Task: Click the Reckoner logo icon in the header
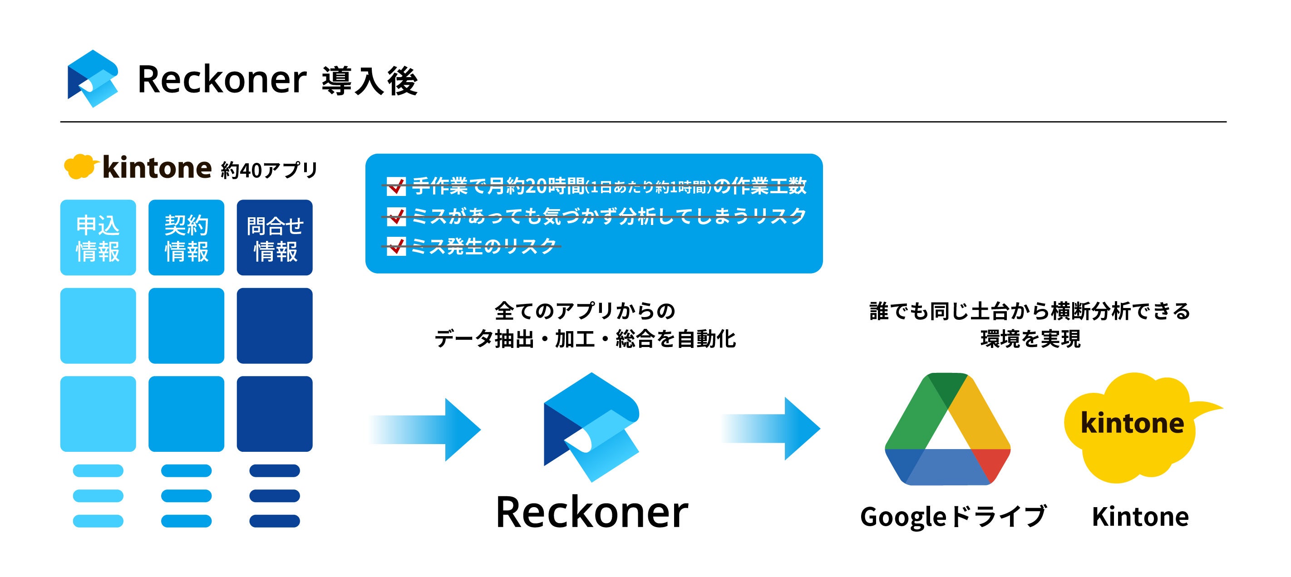[93, 78]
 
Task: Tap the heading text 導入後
[370, 81]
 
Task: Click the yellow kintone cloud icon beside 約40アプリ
[79, 166]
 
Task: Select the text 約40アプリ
[269, 170]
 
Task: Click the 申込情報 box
[98, 237]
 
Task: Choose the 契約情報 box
[187, 237]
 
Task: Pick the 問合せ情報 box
[275, 237]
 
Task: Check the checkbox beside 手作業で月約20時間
[396, 186]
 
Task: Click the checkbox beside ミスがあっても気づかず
[396, 216]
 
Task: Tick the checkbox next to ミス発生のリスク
[396, 246]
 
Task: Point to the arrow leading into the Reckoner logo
[426, 429]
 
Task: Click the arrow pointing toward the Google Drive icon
[772, 429]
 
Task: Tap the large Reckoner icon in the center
[591, 427]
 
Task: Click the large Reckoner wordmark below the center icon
[592, 512]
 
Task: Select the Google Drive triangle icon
[947, 429]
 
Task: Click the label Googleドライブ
[953, 516]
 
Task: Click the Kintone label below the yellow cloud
[1140, 516]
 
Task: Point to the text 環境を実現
[1030, 339]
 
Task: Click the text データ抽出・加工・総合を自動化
[585, 339]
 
